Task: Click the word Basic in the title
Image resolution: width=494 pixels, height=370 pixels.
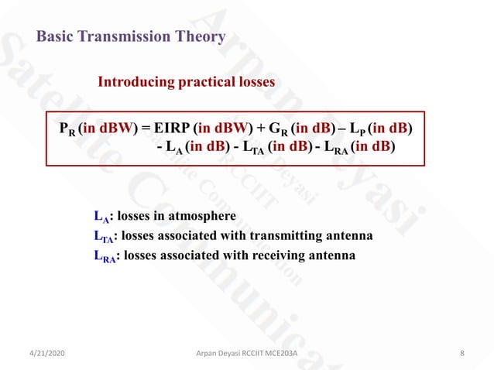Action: click(53, 36)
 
